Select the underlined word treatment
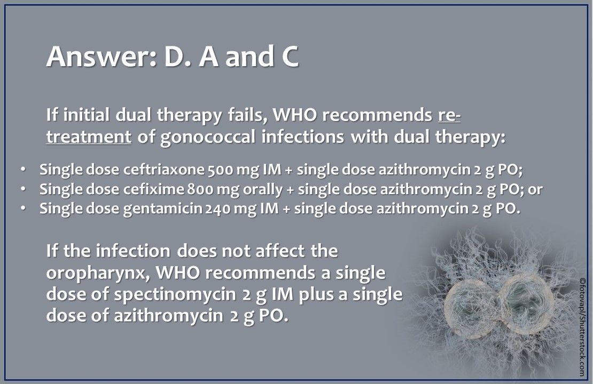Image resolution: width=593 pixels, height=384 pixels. click(x=89, y=137)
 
